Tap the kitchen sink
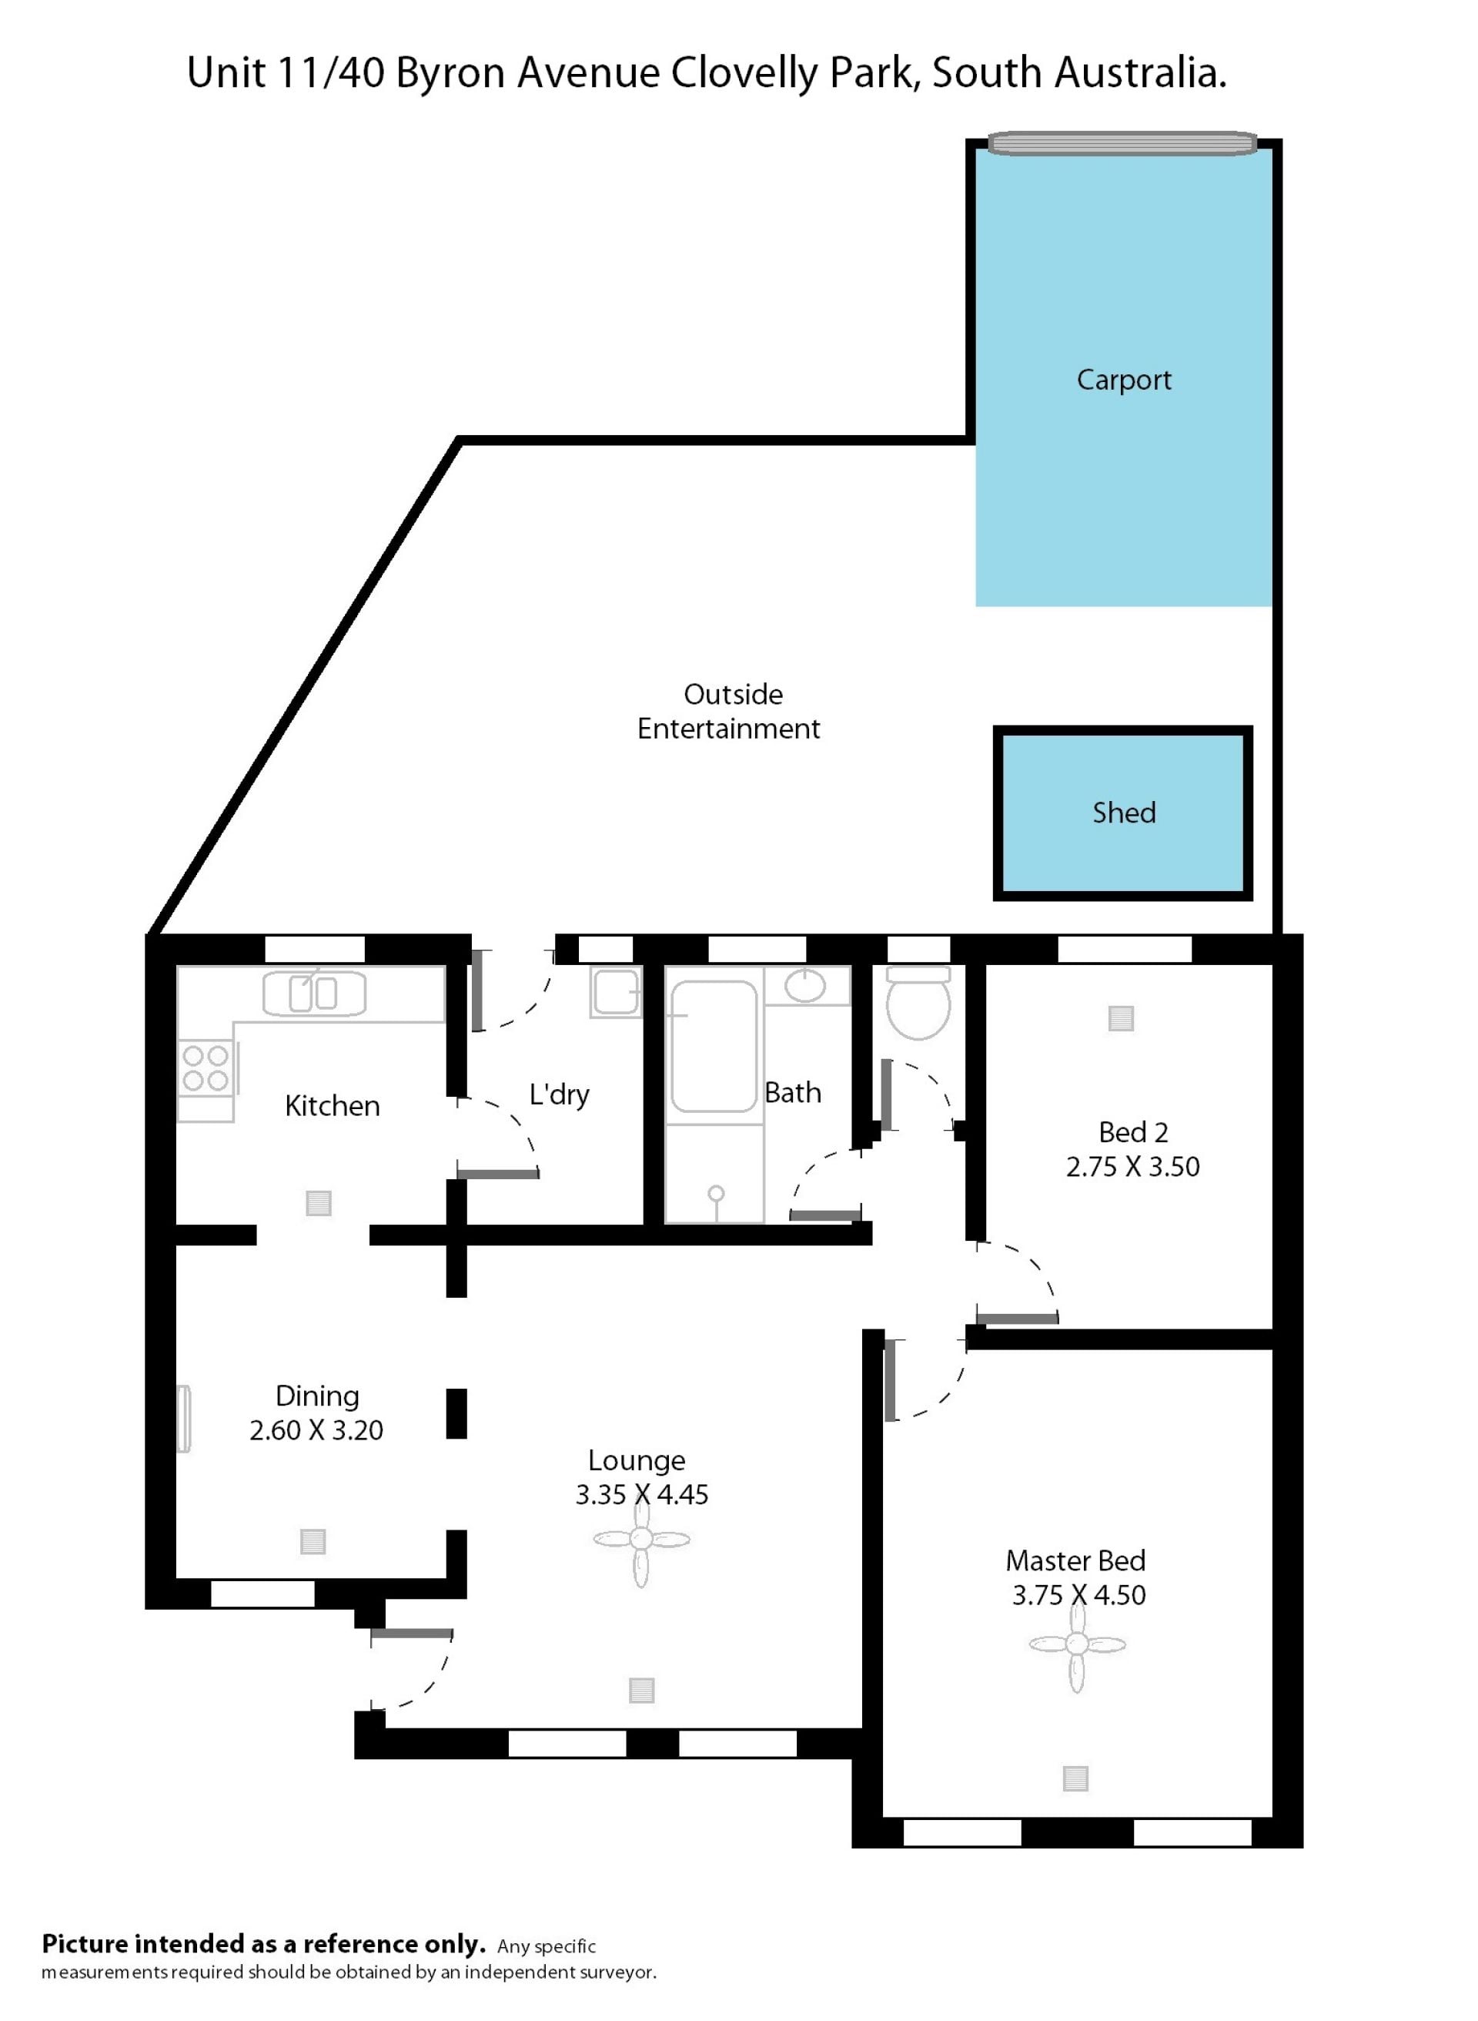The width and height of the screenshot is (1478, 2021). (x=314, y=994)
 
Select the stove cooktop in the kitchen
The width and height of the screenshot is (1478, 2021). (x=205, y=1069)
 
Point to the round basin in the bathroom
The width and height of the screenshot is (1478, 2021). (x=805, y=987)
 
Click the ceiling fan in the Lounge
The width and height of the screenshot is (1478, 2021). (x=641, y=1540)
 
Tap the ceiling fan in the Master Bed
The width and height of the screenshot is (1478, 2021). (x=1077, y=1644)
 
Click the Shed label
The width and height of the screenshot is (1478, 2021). (x=1124, y=813)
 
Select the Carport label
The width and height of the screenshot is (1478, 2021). (x=1124, y=380)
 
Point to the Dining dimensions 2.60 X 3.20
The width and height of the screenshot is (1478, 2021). (x=316, y=1430)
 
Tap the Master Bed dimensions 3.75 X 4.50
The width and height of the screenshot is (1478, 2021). (x=1078, y=1595)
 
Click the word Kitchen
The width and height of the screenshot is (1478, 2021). (x=332, y=1106)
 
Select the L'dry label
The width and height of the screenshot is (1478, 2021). (x=559, y=1094)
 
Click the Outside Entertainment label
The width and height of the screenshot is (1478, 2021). (x=728, y=712)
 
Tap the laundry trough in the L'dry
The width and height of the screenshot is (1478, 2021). (x=616, y=993)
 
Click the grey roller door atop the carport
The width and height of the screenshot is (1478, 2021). (x=1123, y=143)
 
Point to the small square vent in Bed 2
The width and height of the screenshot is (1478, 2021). (x=1121, y=1018)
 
